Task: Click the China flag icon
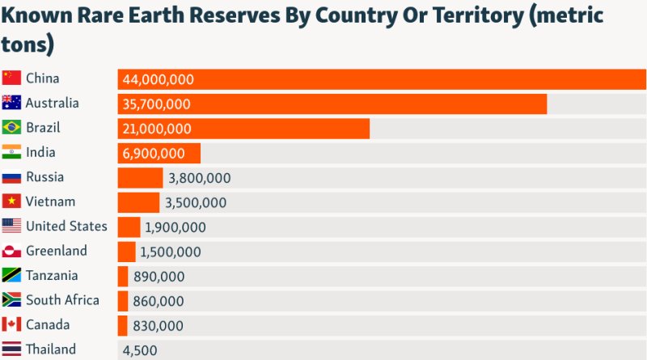(11, 78)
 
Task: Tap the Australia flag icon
(11, 103)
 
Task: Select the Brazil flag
(11, 128)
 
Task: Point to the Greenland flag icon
(11, 251)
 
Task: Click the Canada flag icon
(11, 325)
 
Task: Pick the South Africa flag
(11, 300)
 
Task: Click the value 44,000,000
(159, 79)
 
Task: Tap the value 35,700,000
(157, 104)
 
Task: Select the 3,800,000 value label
(198, 178)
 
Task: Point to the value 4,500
(140, 350)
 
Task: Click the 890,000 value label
(159, 277)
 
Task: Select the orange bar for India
(159, 153)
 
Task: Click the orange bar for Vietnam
(138, 202)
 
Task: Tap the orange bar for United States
(129, 227)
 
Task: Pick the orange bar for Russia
(140, 178)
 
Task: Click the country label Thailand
(51, 349)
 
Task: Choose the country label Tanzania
(52, 275)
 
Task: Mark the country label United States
(66, 226)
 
